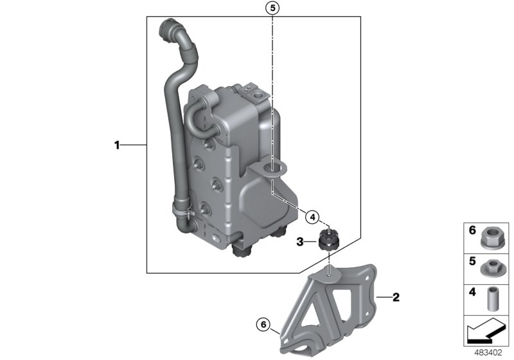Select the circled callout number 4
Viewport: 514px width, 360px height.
pos(312,217)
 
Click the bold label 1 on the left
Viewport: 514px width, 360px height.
pos(118,146)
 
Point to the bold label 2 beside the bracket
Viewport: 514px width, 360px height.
pos(396,297)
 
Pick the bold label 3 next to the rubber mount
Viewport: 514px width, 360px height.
pos(299,242)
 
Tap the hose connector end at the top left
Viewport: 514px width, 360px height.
pos(168,28)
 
